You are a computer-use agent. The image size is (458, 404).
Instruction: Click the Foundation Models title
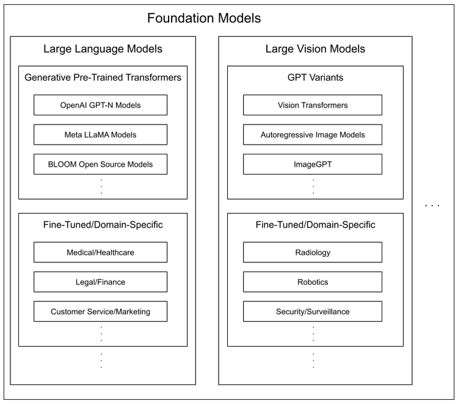pos(204,18)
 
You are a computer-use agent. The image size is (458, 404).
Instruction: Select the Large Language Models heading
pos(103,49)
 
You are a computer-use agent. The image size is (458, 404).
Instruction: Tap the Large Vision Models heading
pos(315,49)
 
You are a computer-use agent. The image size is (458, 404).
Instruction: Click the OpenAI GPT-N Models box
pos(100,105)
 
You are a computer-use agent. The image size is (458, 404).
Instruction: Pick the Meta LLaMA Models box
pos(100,135)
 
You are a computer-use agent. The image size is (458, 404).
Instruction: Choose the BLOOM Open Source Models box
pos(100,164)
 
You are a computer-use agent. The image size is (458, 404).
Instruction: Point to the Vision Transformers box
pos(313,105)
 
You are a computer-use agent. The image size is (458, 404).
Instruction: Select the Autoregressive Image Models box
pos(313,135)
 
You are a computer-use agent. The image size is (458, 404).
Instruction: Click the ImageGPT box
pos(313,164)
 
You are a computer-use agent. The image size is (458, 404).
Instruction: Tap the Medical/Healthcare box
pos(100,252)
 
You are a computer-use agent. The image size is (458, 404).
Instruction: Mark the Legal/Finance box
pos(100,282)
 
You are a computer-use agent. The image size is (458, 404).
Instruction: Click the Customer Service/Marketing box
pos(100,311)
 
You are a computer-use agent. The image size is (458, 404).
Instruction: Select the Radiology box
pos(313,252)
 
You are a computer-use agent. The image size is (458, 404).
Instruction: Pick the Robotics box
pos(313,282)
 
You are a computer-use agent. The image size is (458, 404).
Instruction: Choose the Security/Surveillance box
pos(313,311)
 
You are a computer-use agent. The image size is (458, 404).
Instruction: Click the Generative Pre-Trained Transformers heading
pos(103,78)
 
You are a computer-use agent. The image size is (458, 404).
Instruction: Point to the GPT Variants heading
pos(315,78)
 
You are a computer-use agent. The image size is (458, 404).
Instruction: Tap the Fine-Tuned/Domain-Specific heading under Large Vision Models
pos(315,225)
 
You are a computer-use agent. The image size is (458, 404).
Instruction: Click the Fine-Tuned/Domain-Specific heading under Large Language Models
pos(103,225)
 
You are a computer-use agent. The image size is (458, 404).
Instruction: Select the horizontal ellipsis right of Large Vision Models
pos(432,206)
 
